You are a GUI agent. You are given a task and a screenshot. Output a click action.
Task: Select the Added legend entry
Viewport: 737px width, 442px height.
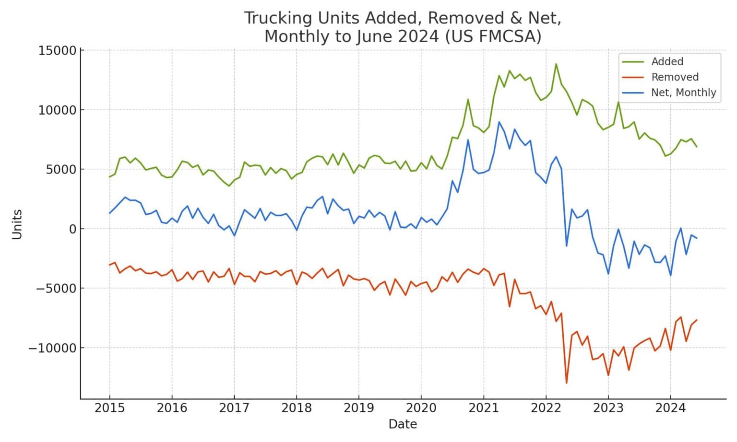point(666,62)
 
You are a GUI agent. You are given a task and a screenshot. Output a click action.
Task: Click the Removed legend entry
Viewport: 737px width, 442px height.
point(674,77)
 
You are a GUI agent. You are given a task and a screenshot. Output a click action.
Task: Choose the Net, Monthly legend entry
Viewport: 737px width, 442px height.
point(683,93)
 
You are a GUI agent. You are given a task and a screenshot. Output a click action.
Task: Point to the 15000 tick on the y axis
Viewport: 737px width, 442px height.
point(57,51)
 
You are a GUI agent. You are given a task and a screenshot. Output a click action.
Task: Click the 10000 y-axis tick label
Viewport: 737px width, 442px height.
point(57,110)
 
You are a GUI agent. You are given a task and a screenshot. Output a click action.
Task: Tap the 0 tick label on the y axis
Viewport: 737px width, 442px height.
point(72,229)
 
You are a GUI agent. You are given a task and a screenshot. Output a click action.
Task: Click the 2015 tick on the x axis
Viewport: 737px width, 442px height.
point(109,408)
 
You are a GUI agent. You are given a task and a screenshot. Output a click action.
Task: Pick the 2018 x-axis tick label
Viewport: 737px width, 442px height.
point(297,408)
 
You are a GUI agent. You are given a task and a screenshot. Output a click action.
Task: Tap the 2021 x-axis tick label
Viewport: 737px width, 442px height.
point(483,408)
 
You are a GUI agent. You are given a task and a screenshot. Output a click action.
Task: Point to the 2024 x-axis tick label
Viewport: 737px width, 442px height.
point(670,408)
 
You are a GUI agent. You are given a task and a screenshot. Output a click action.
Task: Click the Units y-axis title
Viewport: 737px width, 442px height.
point(17,224)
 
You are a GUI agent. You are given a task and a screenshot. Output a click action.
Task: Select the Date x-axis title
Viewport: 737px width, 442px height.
point(403,424)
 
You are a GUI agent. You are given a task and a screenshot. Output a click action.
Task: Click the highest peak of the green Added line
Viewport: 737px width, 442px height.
point(556,64)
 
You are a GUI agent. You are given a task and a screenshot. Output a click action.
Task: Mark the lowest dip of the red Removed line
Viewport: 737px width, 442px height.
point(567,383)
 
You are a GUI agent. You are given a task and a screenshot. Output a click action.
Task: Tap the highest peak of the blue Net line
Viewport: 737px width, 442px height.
point(499,122)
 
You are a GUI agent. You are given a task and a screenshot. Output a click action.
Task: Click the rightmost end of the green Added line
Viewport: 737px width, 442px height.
point(697,147)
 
